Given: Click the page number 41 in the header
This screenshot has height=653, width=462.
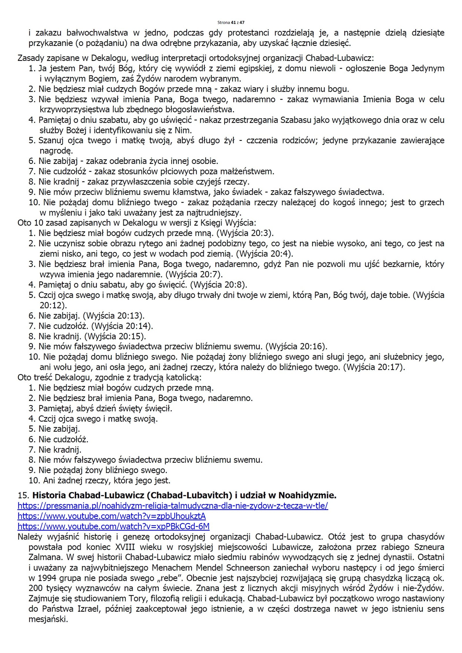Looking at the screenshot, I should point(233,22).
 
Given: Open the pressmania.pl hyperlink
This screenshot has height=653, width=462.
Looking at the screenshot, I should point(173,506).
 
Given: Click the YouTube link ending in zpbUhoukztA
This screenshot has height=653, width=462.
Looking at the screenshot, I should point(111,516).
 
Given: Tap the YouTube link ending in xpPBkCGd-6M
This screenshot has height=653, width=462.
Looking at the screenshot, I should point(113,527).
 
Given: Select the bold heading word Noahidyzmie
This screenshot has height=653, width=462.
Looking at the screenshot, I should point(307,495).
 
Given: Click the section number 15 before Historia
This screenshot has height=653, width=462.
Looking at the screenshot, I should point(23,495).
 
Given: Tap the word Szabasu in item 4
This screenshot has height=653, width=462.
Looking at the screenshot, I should point(296,120).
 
